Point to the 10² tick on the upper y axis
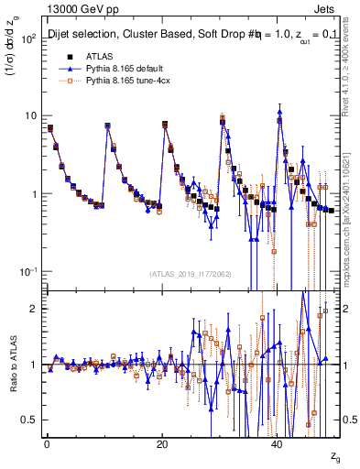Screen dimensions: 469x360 click(27, 38)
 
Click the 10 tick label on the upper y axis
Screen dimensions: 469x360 click(30, 116)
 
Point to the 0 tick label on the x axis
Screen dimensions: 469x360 click(46, 443)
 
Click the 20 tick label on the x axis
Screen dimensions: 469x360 click(162, 443)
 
